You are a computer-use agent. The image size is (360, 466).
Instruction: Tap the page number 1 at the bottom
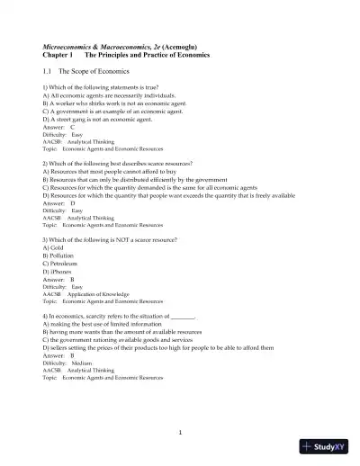180,433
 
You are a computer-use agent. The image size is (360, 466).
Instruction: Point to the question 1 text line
99,86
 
